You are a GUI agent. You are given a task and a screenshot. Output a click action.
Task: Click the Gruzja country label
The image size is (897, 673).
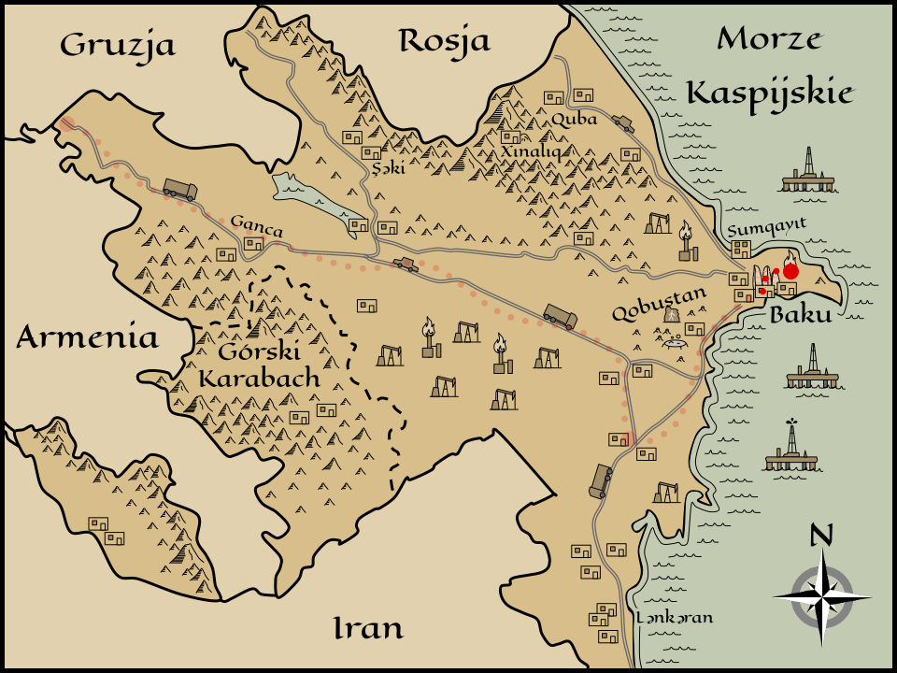tap(118, 44)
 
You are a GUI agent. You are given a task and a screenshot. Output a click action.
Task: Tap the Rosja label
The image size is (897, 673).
tap(444, 40)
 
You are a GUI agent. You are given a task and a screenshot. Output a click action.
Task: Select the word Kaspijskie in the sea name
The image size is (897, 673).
tap(769, 93)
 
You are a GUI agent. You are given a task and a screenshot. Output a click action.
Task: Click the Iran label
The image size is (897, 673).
tap(368, 628)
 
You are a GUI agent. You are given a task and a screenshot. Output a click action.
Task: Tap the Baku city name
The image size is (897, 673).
tap(800, 315)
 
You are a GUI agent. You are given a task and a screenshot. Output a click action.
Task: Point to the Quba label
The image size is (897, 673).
tap(574, 119)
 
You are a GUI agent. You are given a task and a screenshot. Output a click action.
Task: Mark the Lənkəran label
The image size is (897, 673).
tap(674, 617)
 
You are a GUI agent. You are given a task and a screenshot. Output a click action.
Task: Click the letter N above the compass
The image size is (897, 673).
tap(820, 535)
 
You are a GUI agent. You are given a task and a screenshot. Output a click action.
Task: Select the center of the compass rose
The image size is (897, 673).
tap(821, 596)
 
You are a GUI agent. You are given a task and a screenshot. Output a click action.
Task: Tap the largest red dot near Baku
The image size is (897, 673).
tap(790, 271)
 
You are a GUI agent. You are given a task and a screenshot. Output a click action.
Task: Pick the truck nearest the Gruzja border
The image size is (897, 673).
tap(179, 190)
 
